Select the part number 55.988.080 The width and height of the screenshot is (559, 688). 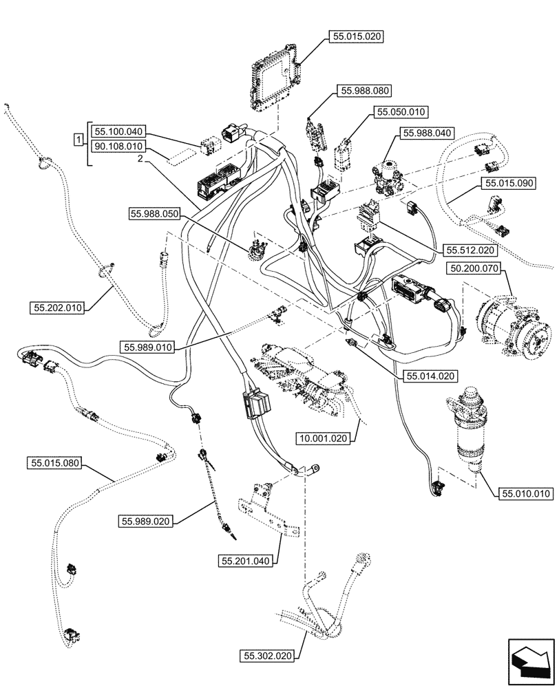tap(364, 90)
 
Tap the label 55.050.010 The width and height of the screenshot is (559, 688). tap(401, 111)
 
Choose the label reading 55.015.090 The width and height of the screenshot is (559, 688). tap(509, 184)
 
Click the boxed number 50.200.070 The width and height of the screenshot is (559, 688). tap(474, 267)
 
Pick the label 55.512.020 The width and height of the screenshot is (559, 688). tap(470, 251)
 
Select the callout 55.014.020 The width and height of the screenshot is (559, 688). tap(430, 376)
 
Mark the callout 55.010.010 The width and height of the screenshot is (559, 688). tap(527, 493)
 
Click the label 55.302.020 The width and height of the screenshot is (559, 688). tap(268, 657)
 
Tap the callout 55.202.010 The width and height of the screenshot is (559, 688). tap(56, 308)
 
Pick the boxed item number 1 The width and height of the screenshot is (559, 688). tap(78, 140)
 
